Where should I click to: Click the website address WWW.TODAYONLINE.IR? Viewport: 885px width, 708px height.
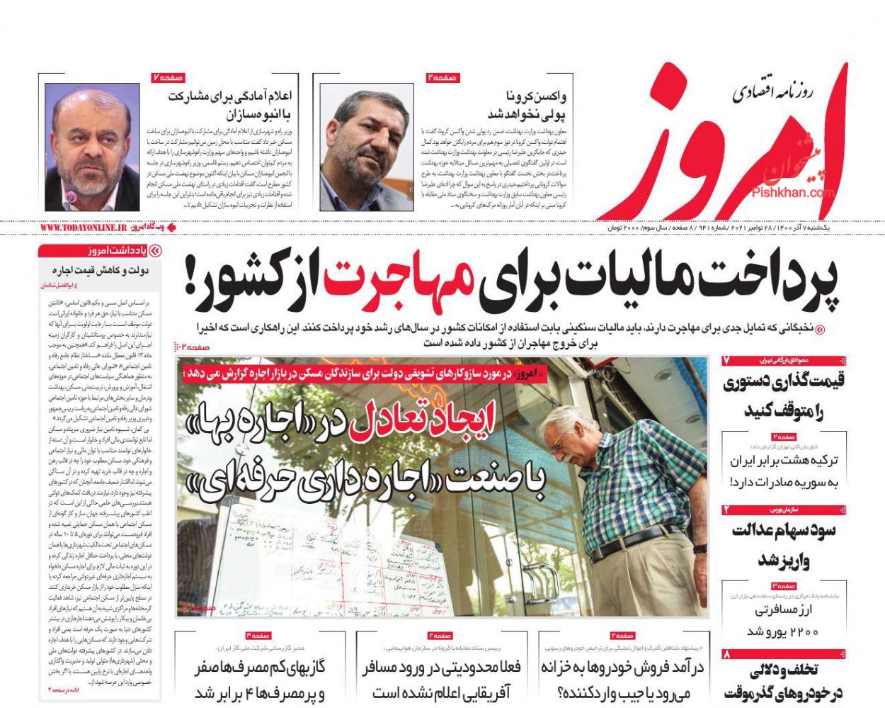[83, 227]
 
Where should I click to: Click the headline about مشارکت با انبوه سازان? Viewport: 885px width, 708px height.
[230, 104]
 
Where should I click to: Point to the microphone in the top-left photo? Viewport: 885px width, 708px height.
[72, 195]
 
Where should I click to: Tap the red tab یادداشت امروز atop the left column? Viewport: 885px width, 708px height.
[99, 250]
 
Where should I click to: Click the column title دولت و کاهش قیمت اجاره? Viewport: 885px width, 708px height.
[99, 270]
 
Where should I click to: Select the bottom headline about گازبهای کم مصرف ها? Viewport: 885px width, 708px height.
[260, 679]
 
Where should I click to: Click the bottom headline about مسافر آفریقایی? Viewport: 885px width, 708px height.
[442, 679]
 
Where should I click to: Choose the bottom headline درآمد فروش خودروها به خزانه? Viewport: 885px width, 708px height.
[622, 679]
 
